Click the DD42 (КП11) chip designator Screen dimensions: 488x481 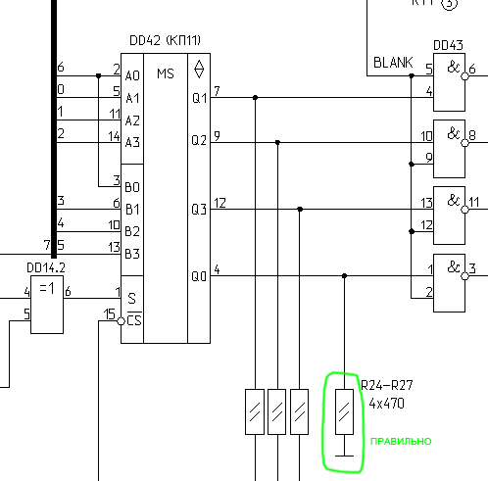coord(165,40)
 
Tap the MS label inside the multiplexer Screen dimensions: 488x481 coord(166,73)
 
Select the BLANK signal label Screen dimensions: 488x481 coord(393,63)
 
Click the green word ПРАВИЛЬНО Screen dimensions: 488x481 coord(401,442)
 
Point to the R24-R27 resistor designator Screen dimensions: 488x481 coord(387,385)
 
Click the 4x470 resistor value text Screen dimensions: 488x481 coord(387,404)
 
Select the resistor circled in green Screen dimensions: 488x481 coord(344,411)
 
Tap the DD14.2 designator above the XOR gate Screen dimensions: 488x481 coord(46,268)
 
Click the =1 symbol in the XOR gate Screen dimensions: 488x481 coord(47,288)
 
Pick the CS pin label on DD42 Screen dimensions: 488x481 coord(134,320)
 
